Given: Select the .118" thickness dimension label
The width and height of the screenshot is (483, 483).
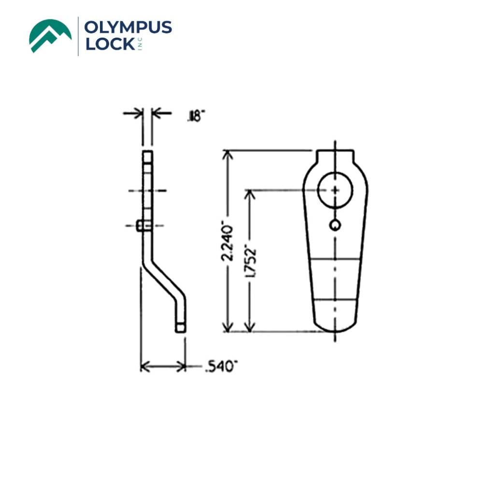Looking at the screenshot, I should [x=196, y=115].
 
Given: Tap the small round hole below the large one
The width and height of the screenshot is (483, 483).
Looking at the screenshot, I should [x=335, y=224].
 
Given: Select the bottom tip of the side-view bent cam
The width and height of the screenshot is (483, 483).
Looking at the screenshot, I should [x=180, y=327].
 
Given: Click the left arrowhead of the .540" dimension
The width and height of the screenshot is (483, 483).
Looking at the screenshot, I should [x=144, y=367].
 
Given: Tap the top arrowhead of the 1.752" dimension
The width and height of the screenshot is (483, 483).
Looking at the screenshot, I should [x=249, y=193].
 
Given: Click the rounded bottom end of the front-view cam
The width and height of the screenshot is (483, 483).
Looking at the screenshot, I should [x=335, y=325].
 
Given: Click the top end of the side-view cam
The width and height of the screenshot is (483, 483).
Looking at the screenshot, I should [x=147, y=155].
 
